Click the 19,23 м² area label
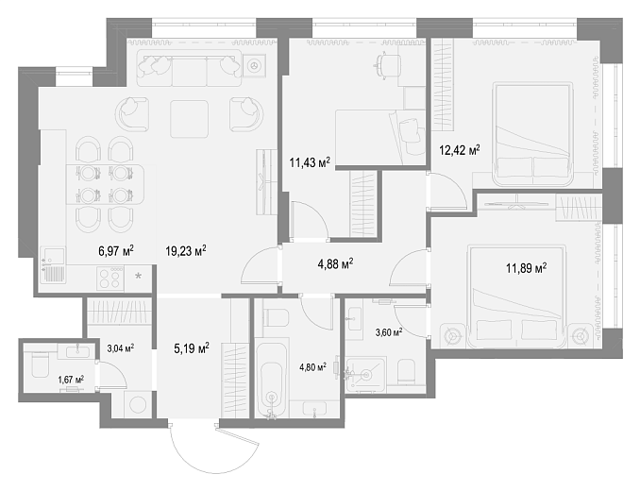click(185, 250)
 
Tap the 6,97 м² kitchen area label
click(116, 250)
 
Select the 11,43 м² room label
click(310, 162)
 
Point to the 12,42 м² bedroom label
click(459, 150)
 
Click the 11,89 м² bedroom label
click(526, 268)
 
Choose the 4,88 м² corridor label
click(335, 264)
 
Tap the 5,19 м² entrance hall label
click(192, 348)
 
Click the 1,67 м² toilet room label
click(71, 380)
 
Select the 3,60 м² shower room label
click(389, 332)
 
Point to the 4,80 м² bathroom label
click(312, 367)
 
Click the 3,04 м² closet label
click(121, 348)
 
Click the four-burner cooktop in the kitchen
click(110, 279)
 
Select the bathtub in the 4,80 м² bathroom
click(272, 380)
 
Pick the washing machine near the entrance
click(139, 404)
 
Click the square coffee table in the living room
click(190, 119)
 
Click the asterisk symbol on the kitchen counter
click(139, 277)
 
